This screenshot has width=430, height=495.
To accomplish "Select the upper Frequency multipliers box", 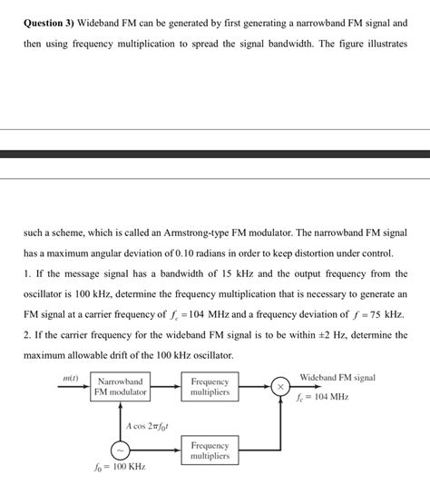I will click(x=210, y=387).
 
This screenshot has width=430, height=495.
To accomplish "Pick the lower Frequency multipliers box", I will click(x=210, y=450).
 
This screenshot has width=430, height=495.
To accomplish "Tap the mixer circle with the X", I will click(x=280, y=387).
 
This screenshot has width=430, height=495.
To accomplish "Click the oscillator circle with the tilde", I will click(x=120, y=450).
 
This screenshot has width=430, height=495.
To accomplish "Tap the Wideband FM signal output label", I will click(x=337, y=377).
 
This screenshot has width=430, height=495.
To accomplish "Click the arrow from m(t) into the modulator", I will click(x=74, y=387).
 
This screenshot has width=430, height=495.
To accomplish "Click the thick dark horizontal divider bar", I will click(x=215, y=154).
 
